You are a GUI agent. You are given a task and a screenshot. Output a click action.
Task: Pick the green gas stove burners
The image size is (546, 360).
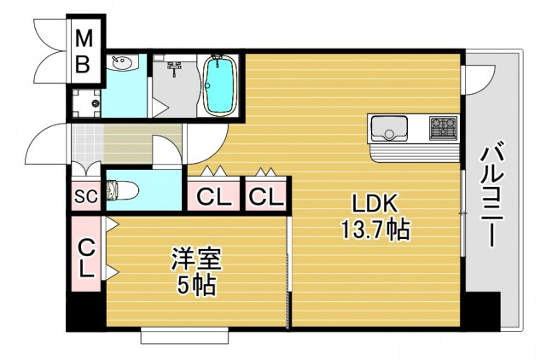tap(444, 129)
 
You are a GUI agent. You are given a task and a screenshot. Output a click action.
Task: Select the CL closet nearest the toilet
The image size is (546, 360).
tap(214, 197)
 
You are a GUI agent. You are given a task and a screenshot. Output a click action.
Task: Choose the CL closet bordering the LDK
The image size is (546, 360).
tap(266, 197)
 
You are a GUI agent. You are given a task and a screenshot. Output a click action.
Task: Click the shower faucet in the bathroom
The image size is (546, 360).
tap(176, 66)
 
